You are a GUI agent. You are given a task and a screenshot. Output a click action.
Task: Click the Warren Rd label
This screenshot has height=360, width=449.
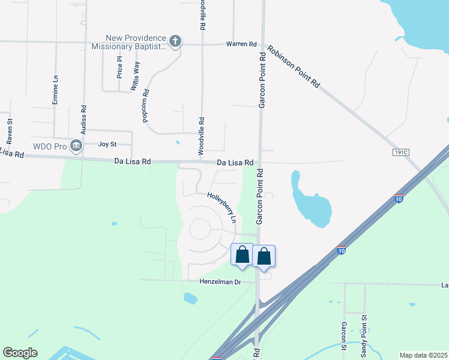click(x=241, y=44)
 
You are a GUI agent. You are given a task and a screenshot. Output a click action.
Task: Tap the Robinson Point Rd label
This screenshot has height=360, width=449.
click(x=294, y=67)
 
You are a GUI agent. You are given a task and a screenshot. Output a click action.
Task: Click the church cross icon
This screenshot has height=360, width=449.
click(x=175, y=41)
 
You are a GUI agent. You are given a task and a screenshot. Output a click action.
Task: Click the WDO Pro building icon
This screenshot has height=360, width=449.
click(x=76, y=145)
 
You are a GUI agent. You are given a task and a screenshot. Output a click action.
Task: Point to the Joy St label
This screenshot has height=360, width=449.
click(x=107, y=145)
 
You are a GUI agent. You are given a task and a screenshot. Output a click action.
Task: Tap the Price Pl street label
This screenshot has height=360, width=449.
click(x=120, y=68)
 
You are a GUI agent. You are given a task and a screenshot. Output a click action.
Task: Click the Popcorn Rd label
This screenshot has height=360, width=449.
click(x=146, y=107)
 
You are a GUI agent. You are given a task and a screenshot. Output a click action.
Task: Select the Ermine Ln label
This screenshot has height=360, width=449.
click(x=55, y=90)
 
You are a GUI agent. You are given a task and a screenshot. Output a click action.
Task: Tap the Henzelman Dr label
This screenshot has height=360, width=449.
click(x=220, y=281)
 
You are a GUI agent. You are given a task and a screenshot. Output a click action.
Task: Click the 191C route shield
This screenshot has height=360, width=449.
click(x=401, y=152)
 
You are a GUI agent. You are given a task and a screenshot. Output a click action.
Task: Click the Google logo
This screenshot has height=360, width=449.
click(x=20, y=353)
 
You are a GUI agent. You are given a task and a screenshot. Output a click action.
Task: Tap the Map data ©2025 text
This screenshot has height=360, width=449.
click(x=423, y=355)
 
